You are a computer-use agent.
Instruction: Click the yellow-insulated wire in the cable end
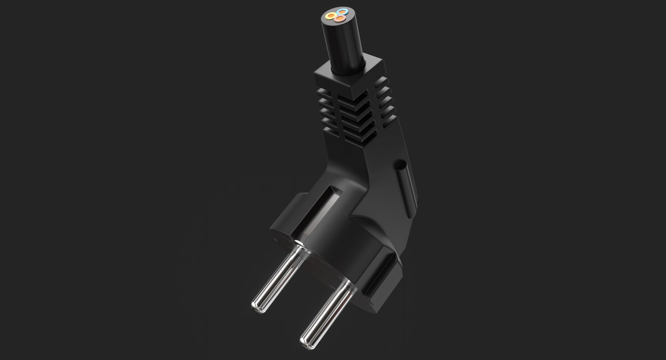point(330,15)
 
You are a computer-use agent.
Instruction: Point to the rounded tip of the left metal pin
point(257,305)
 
